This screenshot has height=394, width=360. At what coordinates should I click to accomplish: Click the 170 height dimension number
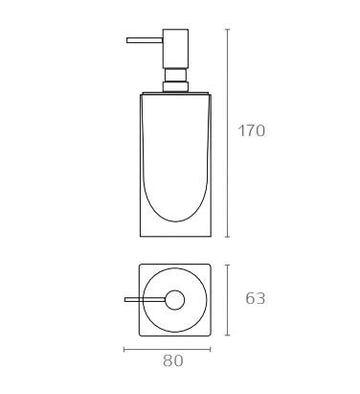[252, 130]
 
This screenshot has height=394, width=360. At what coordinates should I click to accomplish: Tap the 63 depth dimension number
[256, 298]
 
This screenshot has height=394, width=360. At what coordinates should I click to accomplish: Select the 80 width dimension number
[173, 360]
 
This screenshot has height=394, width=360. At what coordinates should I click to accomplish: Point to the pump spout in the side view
[145, 40]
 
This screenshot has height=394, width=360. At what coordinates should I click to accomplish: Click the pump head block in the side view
[175, 49]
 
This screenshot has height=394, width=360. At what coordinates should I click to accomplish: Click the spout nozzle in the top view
[145, 299]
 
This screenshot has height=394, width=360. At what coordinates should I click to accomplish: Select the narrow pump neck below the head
[175, 75]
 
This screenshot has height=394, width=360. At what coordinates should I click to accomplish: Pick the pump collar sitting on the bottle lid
[175, 87]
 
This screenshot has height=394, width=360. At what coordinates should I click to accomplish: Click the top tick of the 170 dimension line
[227, 30]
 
